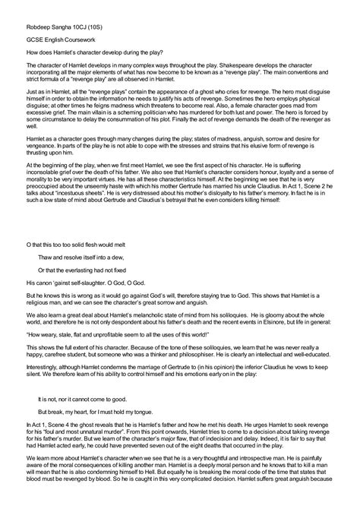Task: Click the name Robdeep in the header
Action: (38, 19)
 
